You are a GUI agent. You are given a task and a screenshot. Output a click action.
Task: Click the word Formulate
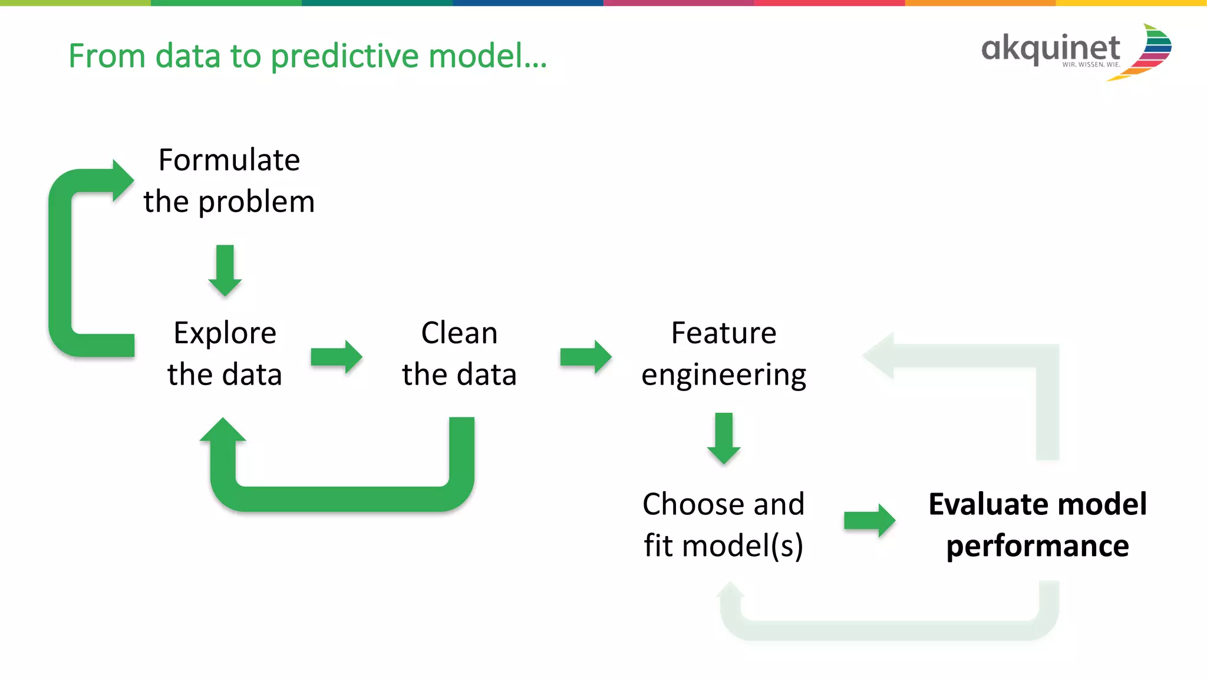click(x=229, y=160)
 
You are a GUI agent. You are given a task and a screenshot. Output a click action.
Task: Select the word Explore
click(x=225, y=333)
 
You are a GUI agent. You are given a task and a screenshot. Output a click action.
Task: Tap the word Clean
click(x=459, y=333)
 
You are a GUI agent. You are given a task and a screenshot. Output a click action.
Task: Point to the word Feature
click(x=724, y=333)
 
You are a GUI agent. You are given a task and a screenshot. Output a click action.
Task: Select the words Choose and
click(x=723, y=504)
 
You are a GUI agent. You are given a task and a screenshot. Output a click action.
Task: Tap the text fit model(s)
click(x=723, y=546)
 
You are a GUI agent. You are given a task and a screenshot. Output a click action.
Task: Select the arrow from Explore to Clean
click(x=336, y=357)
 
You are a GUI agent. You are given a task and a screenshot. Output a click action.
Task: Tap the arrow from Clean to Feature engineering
click(x=585, y=357)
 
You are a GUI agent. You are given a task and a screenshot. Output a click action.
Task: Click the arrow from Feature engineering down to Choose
click(x=724, y=438)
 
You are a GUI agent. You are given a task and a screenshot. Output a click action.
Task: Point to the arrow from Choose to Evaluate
click(x=869, y=520)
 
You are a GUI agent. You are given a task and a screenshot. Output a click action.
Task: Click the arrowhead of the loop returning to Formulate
click(x=122, y=180)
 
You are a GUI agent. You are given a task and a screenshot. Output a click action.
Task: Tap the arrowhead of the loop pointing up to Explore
click(x=223, y=431)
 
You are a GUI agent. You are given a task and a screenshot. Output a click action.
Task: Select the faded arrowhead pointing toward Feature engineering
click(x=880, y=356)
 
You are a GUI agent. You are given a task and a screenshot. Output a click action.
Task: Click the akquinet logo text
click(x=1050, y=48)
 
